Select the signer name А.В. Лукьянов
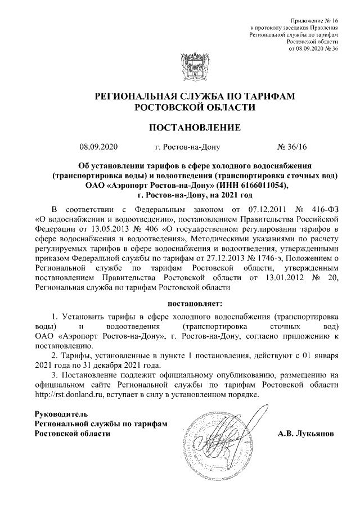[306, 434]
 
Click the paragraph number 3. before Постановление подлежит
[54, 375]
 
